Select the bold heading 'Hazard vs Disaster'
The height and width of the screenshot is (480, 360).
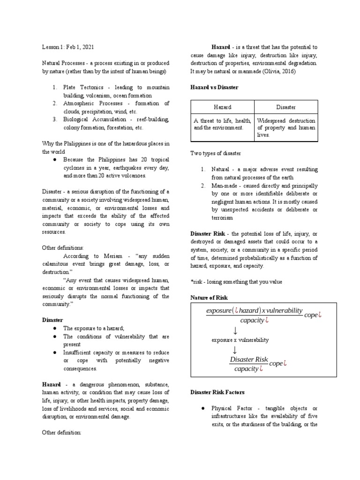pyautogui.click(x=214, y=88)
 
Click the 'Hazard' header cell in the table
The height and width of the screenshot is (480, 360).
pyautogui.click(x=222, y=107)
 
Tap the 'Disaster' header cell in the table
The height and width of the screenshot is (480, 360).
pyautogui.click(x=286, y=107)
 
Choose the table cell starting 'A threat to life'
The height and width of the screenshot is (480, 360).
pyautogui.click(x=222, y=124)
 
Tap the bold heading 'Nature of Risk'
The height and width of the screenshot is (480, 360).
pyautogui.click(x=209, y=298)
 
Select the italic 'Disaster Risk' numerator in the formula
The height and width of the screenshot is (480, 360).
pyautogui.click(x=249, y=360)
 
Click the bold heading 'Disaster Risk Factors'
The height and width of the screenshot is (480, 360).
pyautogui.click(x=217, y=392)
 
